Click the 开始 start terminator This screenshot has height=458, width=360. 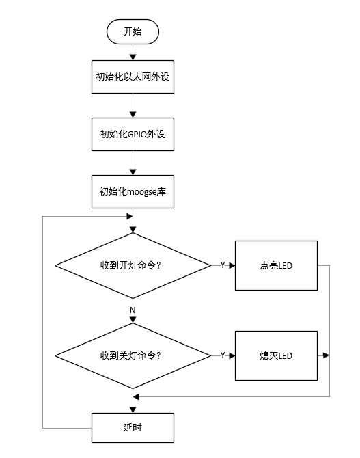tap(133, 31)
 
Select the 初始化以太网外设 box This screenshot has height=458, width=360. tap(133, 77)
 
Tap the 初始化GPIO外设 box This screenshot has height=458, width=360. tap(133, 134)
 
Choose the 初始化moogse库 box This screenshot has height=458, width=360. tap(133, 191)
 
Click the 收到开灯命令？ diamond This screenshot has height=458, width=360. tap(133, 265)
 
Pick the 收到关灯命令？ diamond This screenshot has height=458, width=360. tap(133, 355)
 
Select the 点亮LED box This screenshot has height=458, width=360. tap(276, 265)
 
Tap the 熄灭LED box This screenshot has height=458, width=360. tap(276, 355)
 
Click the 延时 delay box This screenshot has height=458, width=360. tap(133, 428)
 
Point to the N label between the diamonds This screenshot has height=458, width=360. tap(133, 310)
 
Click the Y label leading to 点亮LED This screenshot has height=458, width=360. tap(223, 265)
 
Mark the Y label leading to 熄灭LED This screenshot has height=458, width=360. tap(223, 355)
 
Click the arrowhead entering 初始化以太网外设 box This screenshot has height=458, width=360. tap(133, 57)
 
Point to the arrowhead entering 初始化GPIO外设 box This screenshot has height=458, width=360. tap(133, 115)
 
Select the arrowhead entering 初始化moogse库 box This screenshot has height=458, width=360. tap(133, 172)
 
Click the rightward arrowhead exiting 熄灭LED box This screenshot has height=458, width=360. tap(327, 355)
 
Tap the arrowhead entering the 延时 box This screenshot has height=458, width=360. tap(133, 409)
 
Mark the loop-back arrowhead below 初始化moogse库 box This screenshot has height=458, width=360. tap(130, 217)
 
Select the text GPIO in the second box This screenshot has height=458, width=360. tap(137, 134)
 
